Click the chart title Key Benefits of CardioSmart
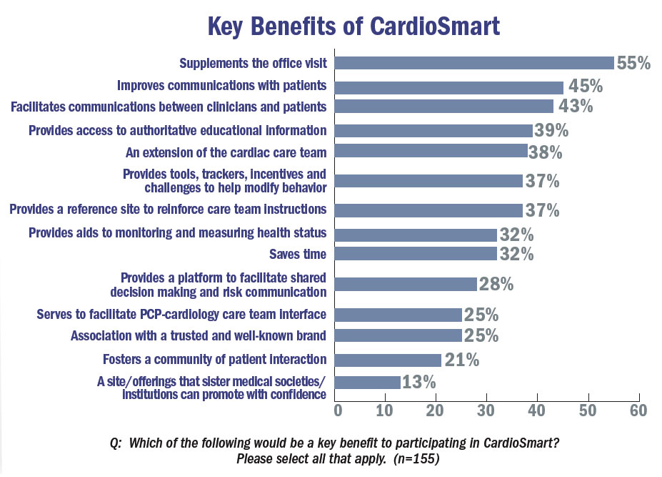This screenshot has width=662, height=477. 353,27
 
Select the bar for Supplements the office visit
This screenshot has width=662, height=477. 474,63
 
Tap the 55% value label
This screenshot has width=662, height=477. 633,63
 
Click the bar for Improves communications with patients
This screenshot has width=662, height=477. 449,87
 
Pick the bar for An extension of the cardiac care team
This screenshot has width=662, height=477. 431,151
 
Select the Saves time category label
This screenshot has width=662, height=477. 298,254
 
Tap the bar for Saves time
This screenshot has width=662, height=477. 416,254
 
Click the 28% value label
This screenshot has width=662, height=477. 496,284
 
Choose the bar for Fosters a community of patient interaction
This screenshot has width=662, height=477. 388,359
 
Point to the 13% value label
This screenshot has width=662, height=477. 418,382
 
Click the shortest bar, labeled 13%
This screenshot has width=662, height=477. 368,382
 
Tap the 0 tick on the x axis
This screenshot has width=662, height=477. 337,410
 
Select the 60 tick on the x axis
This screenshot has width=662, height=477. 638,410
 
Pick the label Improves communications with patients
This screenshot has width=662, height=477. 222,86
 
